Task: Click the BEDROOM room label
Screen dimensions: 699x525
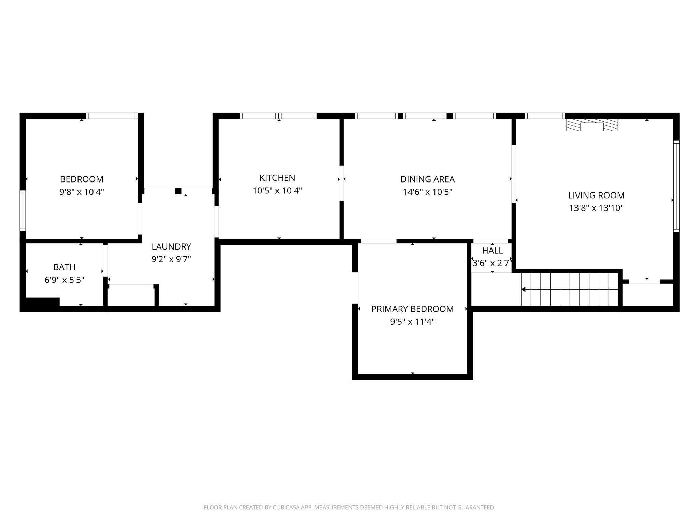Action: (x=82, y=179)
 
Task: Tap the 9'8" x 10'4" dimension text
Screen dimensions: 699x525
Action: (x=82, y=192)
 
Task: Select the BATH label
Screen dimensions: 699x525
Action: (x=65, y=267)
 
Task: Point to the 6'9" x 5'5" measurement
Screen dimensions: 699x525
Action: (x=65, y=280)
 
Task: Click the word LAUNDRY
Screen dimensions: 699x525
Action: (x=171, y=246)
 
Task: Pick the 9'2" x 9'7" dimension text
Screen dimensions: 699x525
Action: (x=171, y=259)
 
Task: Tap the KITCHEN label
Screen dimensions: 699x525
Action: (x=277, y=178)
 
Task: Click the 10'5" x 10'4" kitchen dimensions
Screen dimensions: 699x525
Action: (x=277, y=191)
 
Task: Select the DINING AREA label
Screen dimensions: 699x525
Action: (x=428, y=179)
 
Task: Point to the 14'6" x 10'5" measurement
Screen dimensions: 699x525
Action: (x=428, y=192)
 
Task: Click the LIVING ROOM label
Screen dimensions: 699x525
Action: (x=596, y=195)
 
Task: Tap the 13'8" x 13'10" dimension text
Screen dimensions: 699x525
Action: (x=596, y=208)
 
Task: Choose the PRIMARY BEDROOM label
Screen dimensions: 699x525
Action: (x=413, y=309)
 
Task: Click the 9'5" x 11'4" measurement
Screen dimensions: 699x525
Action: (x=413, y=322)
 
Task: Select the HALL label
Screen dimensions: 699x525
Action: (x=493, y=251)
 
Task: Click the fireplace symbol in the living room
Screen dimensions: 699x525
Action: (x=592, y=125)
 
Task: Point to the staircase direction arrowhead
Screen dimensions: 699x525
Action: (x=523, y=290)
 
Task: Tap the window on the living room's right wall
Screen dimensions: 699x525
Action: (x=676, y=186)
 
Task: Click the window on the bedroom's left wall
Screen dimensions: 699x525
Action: (x=23, y=211)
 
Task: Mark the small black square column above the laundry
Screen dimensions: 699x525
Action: (x=178, y=191)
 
